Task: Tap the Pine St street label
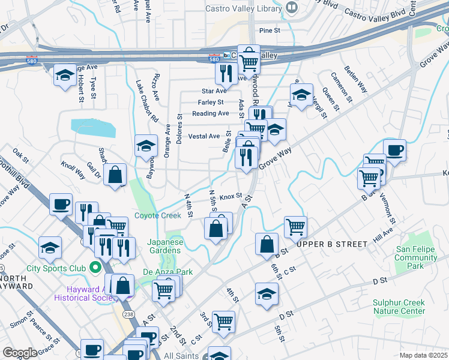pos(270,30)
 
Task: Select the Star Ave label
pos(214,91)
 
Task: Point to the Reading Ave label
pos(210,113)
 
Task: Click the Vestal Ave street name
pos(204,136)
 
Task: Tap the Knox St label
pos(230,196)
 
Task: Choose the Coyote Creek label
pos(157,215)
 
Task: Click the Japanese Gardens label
pos(165,247)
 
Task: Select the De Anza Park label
pos(167,272)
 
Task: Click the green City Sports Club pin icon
pos(95,267)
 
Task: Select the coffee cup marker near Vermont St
pos(394,150)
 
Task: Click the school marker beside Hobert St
pos(65,75)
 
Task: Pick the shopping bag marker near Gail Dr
pos(115,175)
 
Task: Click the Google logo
pos(20,352)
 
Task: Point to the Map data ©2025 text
pos(423,355)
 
